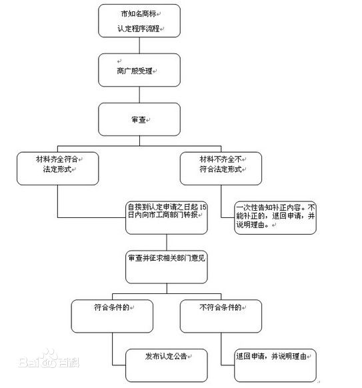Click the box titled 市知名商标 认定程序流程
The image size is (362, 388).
click(138, 21)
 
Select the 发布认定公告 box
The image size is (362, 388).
click(167, 357)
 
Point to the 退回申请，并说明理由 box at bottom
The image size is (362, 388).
click(275, 357)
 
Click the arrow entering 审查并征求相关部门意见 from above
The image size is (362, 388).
click(167, 241)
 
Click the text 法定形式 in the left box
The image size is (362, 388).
click(57, 172)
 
